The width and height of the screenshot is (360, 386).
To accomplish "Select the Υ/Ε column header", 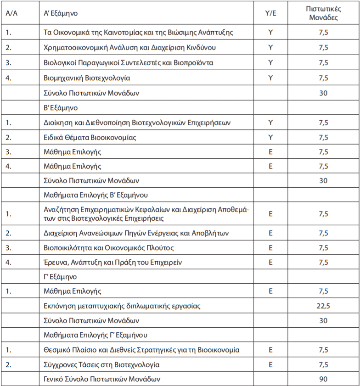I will tap(270, 13).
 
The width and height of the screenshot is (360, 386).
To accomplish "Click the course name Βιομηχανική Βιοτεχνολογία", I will tap(86, 78).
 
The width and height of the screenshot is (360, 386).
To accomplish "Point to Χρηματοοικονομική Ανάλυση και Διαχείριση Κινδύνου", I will tap(129, 48).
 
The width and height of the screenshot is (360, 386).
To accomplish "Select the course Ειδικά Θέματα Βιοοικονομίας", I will tap(90, 137).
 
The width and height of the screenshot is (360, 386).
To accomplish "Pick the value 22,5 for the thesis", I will tap(323, 306).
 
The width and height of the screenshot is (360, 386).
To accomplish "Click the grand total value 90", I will tap(323, 379).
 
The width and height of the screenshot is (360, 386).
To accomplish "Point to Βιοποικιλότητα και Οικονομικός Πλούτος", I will tap(108, 248).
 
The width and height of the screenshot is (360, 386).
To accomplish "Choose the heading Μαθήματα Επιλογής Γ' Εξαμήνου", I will tap(95, 335).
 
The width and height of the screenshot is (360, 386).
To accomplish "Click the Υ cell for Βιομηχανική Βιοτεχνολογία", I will tap(270, 78).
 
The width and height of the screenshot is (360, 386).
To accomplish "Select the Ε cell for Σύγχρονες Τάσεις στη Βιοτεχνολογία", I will tap(270, 365).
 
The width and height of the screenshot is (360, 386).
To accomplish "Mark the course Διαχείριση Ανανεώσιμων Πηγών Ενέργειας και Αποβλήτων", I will tap(136, 233).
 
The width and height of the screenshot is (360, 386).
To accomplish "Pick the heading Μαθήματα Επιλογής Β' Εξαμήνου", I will tap(95, 195).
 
